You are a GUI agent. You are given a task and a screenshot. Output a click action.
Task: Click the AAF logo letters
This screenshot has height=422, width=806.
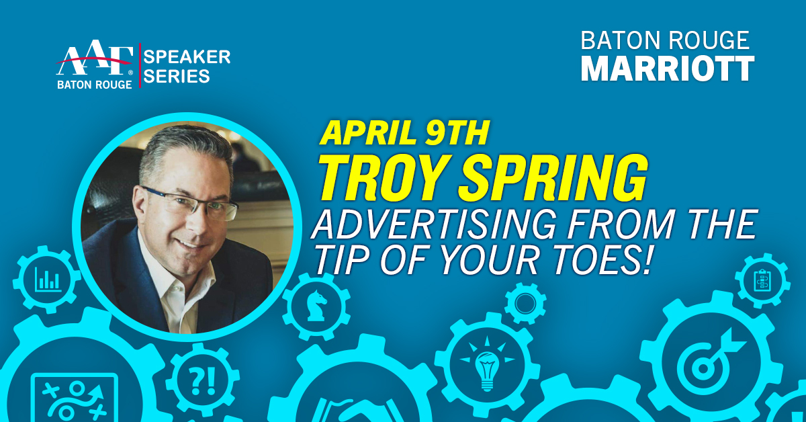pos(94,58)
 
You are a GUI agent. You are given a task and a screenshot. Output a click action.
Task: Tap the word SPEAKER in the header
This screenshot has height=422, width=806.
pos(187,57)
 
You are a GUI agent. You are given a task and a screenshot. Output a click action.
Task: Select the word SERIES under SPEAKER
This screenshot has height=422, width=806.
pos(176,77)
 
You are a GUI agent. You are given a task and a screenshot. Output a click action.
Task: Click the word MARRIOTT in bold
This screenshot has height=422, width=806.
pos(668,69)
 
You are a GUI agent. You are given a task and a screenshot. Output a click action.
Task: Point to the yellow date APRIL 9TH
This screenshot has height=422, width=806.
pos(404,132)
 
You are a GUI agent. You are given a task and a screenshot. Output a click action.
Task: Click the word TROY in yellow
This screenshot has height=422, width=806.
pos(384,178)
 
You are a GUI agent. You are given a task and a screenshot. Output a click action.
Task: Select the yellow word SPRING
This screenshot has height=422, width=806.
pos(553,178)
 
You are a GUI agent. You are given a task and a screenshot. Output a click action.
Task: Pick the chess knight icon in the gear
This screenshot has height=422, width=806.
pos(316,305)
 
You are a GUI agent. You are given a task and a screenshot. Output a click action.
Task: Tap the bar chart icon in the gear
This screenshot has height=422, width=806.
pos(48,280)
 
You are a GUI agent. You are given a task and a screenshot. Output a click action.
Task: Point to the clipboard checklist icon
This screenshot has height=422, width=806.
pos(762,280)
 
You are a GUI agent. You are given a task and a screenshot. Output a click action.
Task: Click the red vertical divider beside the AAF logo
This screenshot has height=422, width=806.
pos(140,66)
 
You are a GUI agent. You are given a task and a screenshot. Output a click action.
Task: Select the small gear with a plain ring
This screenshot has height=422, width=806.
pos(525,304)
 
